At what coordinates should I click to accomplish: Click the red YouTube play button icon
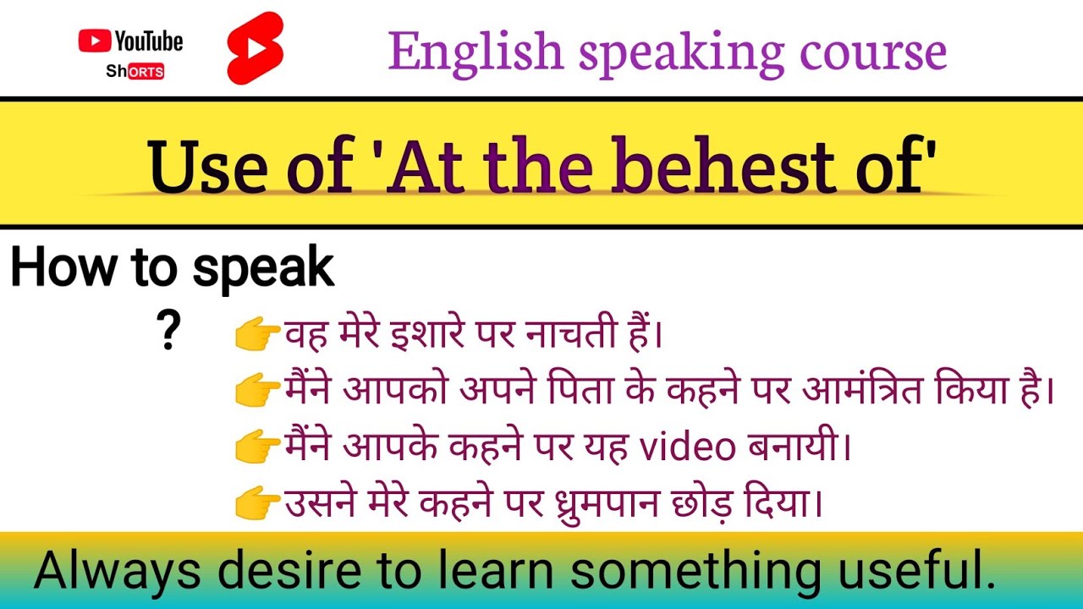[95, 41]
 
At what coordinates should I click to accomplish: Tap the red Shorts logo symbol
[255, 48]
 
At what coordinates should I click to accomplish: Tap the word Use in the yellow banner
[201, 166]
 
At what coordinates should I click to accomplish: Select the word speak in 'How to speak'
[263, 269]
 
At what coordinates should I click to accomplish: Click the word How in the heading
[62, 269]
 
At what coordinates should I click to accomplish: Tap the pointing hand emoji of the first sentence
[257, 336]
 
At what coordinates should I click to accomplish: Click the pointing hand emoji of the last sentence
[257, 506]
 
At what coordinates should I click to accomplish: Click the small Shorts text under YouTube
[135, 72]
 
